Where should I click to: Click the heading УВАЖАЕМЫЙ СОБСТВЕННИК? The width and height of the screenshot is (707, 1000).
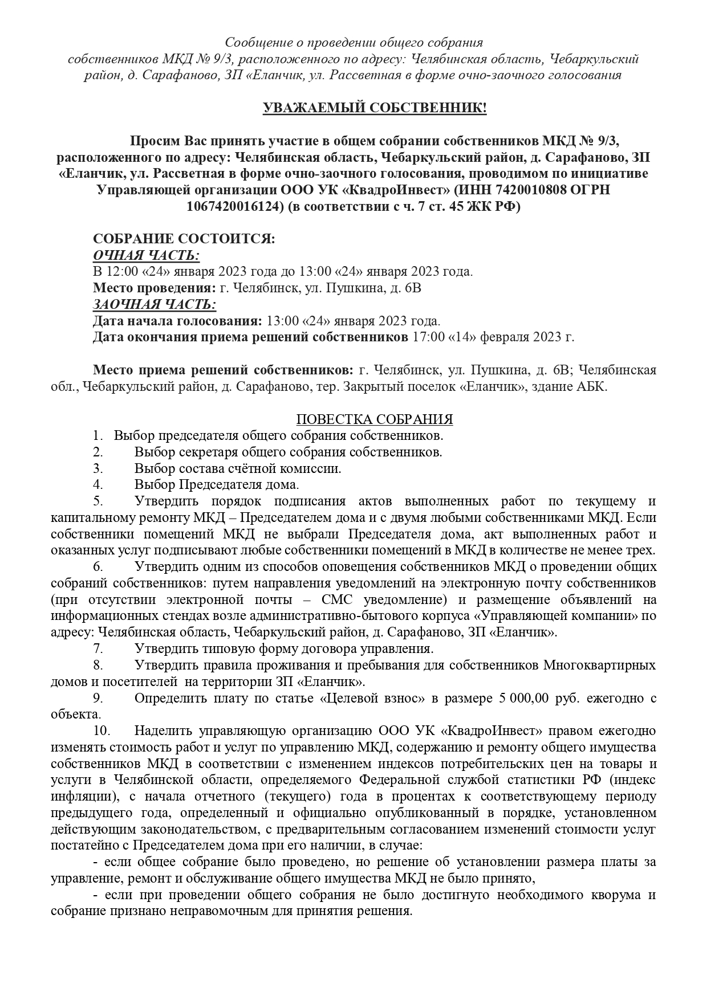pyautogui.click(x=375, y=108)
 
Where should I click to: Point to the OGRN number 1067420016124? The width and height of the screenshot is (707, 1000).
pyautogui.click(x=234, y=207)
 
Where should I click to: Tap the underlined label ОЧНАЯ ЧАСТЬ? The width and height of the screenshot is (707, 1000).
pyautogui.click(x=146, y=255)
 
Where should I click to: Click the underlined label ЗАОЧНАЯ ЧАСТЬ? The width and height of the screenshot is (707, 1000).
pyautogui.click(x=154, y=304)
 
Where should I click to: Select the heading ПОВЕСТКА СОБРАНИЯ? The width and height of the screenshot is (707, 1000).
pyautogui.click(x=375, y=420)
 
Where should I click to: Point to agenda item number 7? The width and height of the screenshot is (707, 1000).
pyautogui.click(x=97, y=648)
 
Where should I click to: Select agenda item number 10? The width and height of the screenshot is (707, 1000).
pyautogui.click(x=100, y=731)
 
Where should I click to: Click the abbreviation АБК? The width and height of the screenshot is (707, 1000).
pyautogui.click(x=593, y=387)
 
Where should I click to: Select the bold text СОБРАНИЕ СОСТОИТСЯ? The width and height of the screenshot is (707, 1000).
pyautogui.click(x=184, y=239)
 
